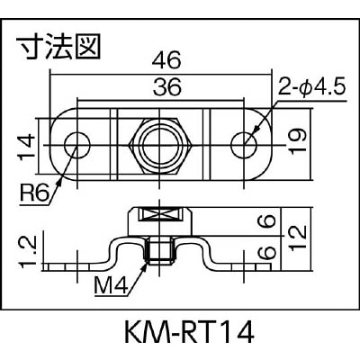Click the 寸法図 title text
(58, 48)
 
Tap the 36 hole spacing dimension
(167, 87)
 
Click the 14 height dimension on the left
(26, 147)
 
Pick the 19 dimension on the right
(298, 142)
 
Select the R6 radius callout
(34, 193)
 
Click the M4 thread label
(112, 285)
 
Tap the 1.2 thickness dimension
(27, 251)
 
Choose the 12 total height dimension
(298, 237)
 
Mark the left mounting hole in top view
(77, 145)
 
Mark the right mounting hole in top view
(244, 145)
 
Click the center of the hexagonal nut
(160, 146)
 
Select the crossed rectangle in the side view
(160, 215)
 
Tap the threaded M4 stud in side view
(160, 249)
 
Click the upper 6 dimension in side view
(267, 221)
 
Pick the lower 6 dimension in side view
(267, 252)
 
